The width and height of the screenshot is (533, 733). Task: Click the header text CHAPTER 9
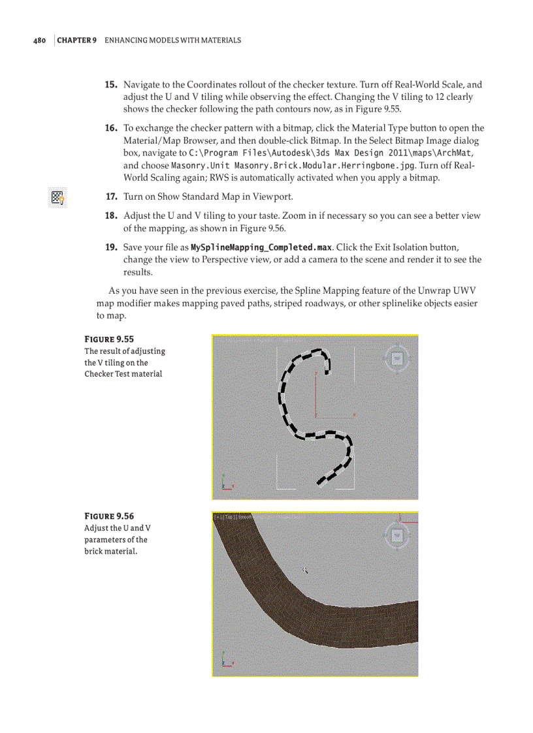(x=78, y=40)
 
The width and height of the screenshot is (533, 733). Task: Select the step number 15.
(x=111, y=85)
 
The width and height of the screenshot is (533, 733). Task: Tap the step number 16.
(x=111, y=129)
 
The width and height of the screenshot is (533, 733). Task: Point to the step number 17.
(x=111, y=196)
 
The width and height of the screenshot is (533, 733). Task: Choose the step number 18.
(x=111, y=216)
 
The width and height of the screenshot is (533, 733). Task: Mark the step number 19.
(x=111, y=248)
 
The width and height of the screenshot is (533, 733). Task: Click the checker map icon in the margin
(x=57, y=197)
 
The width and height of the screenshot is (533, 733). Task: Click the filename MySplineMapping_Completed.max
(x=261, y=248)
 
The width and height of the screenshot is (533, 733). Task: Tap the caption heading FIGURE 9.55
(x=109, y=339)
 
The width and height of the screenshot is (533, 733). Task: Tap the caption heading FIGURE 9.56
(x=109, y=516)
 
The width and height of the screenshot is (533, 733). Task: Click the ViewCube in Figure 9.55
(x=396, y=358)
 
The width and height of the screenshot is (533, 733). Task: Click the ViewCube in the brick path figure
(x=396, y=535)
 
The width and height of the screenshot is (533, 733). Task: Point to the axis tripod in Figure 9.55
(x=225, y=484)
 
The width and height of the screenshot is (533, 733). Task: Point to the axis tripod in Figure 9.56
(x=225, y=659)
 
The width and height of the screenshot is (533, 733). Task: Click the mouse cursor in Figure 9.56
(x=305, y=571)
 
